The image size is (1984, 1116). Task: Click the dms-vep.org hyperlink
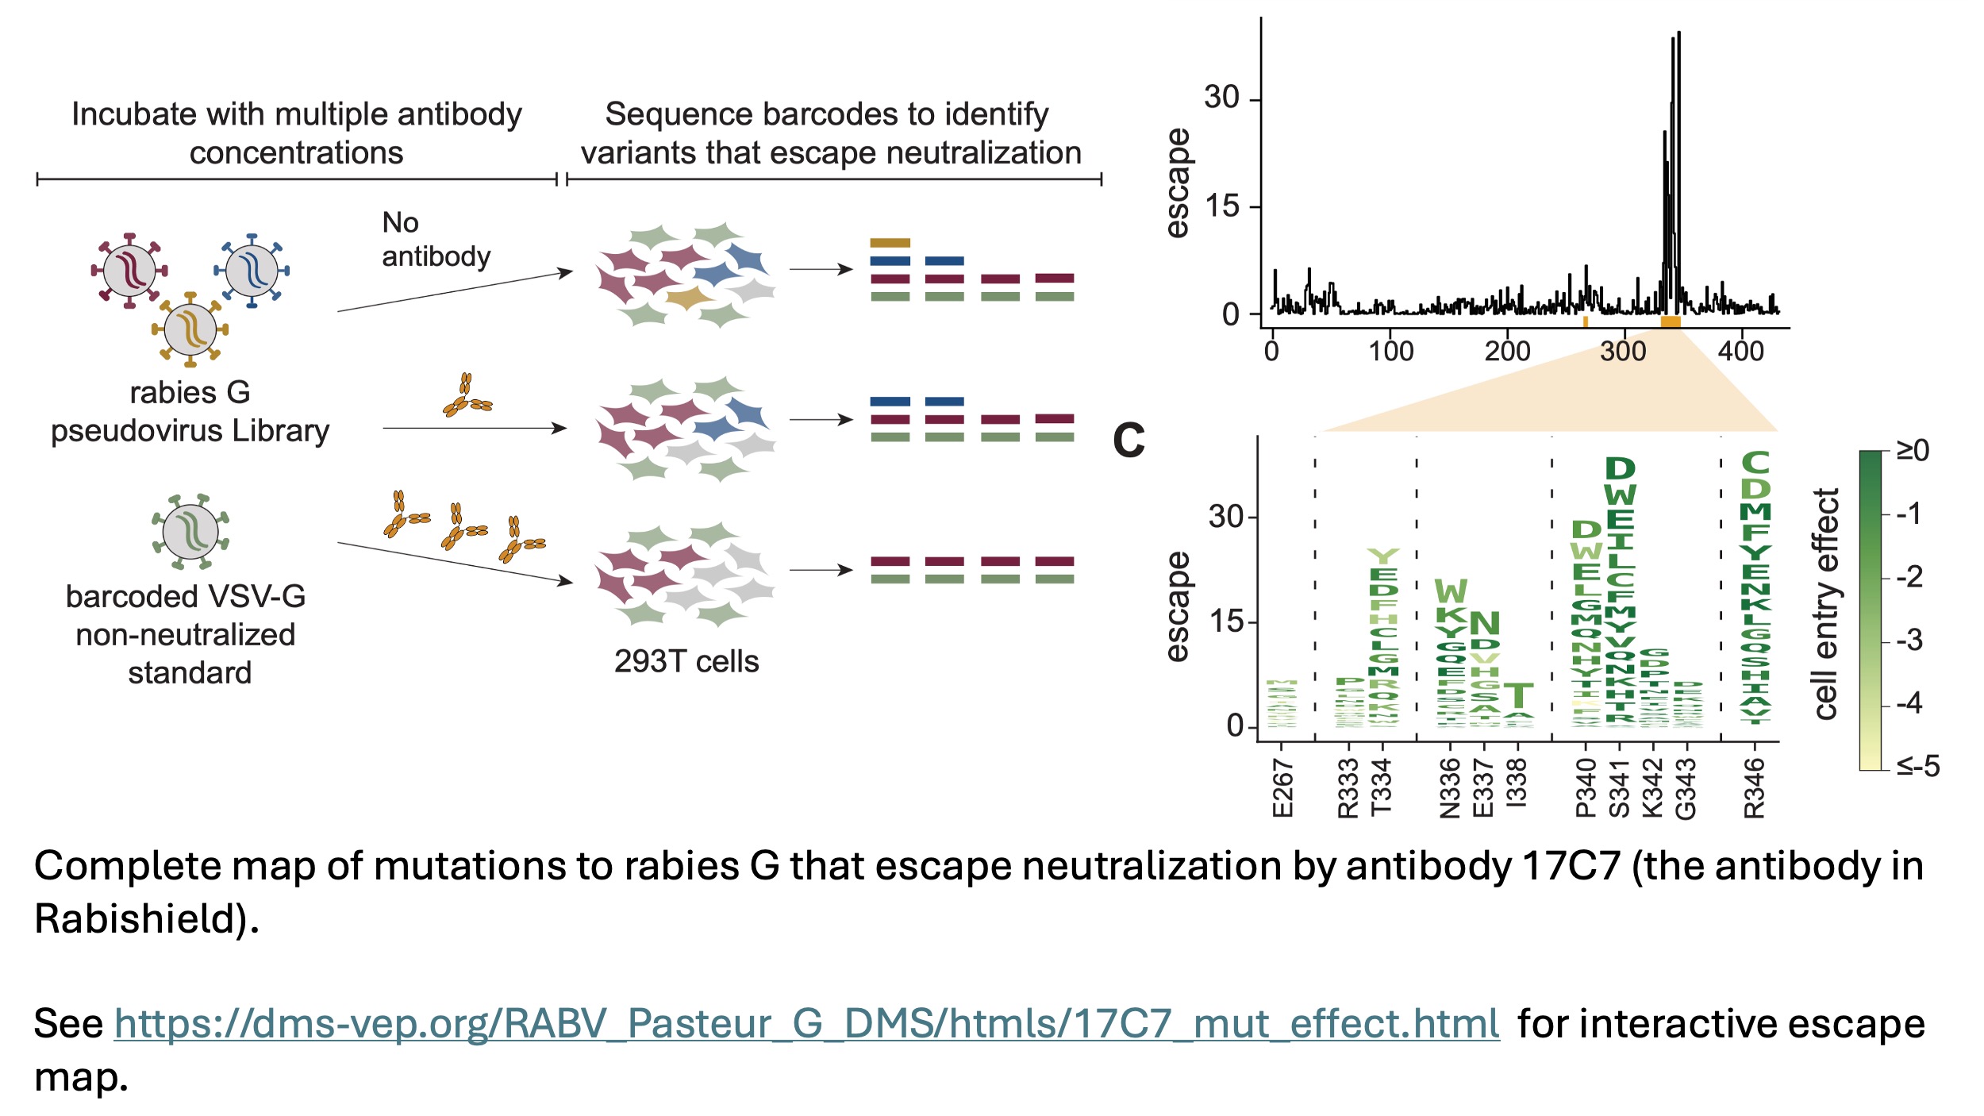(806, 1024)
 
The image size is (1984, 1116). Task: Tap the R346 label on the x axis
(1754, 787)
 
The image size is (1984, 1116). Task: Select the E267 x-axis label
(1282, 787)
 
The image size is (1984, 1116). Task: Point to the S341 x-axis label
(1619, 787)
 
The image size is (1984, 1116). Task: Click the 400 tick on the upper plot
(1740, 351)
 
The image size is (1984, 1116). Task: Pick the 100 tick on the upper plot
(1390, 351)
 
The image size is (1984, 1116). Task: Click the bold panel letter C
(1128, 441)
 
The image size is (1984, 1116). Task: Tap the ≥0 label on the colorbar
(1913, 451)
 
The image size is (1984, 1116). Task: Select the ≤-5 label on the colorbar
(1918, 766)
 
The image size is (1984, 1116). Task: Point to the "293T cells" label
(686, 661)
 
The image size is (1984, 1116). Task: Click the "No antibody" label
(436, 239)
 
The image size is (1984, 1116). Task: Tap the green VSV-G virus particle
(190, 531)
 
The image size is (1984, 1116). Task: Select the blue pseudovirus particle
(252, 270)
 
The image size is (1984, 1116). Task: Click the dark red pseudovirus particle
(129, 270)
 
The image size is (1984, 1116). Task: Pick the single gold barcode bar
(890, 243)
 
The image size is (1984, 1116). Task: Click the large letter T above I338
(1517, 696)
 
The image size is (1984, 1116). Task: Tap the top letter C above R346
(1755, 463)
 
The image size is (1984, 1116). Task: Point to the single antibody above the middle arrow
(466, 397)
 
